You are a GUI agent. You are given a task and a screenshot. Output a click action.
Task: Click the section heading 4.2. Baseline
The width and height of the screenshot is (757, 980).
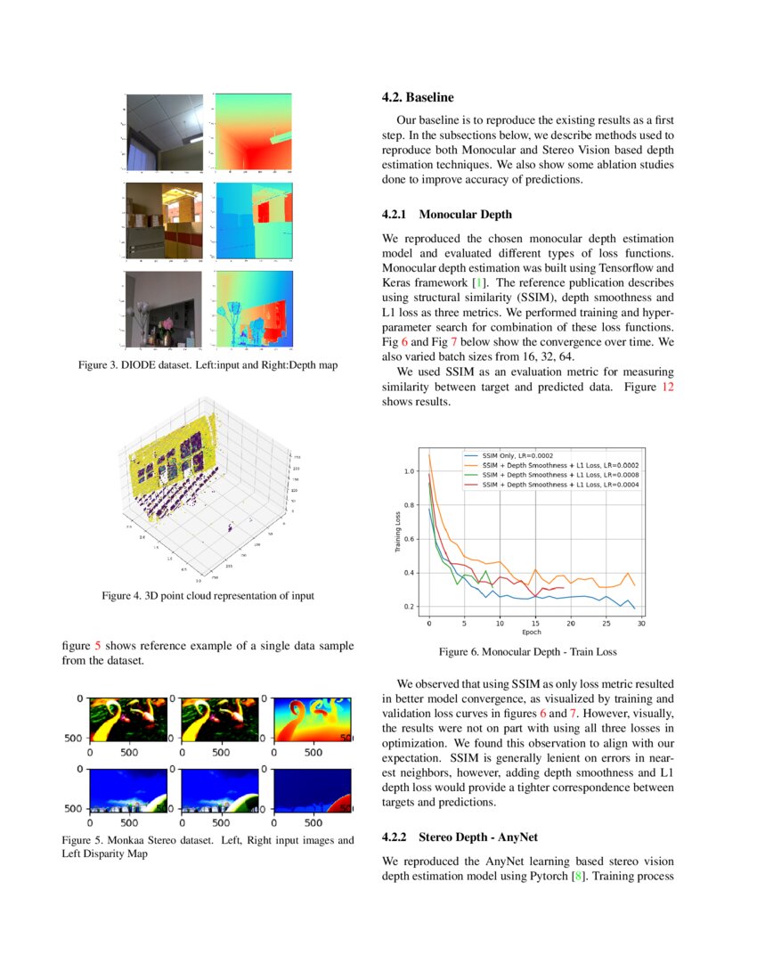418,97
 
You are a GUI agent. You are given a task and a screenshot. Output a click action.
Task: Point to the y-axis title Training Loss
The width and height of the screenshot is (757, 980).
397,533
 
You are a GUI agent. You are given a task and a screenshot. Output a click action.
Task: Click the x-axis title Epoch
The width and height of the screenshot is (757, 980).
532,632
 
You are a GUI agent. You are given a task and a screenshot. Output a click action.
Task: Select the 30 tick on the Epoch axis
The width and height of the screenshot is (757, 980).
640,624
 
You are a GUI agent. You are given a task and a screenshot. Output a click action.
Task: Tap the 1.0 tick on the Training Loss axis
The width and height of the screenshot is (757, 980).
410,471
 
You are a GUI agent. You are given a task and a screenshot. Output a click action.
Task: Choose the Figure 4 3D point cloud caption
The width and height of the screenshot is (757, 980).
208,595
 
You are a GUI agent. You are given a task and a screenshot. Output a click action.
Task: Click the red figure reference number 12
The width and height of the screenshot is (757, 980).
667,388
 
